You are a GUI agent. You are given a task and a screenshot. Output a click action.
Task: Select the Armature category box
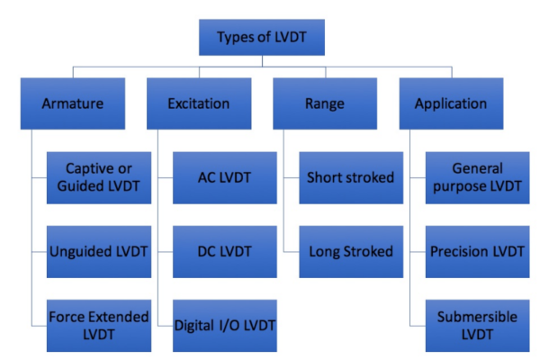click(x=72, y=103)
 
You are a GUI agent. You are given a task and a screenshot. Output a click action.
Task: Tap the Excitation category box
click(x=198, y=103)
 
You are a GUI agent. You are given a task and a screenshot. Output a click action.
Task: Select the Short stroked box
click(x=350, y=176)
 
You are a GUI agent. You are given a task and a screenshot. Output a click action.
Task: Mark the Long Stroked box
click(x=350, y=251)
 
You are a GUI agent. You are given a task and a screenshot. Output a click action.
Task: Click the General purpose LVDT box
click(x=477, y=176)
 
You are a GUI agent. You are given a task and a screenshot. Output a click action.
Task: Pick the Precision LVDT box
click(x=477, y=251)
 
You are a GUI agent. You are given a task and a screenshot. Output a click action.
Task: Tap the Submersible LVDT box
click(x=477, y=325)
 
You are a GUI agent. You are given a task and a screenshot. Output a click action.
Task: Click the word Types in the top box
click(x=236, y=39)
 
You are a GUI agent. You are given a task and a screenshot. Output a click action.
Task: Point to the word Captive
click(x=88, y=167)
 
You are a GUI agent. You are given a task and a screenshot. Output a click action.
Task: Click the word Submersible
click(x=477, y=317)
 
